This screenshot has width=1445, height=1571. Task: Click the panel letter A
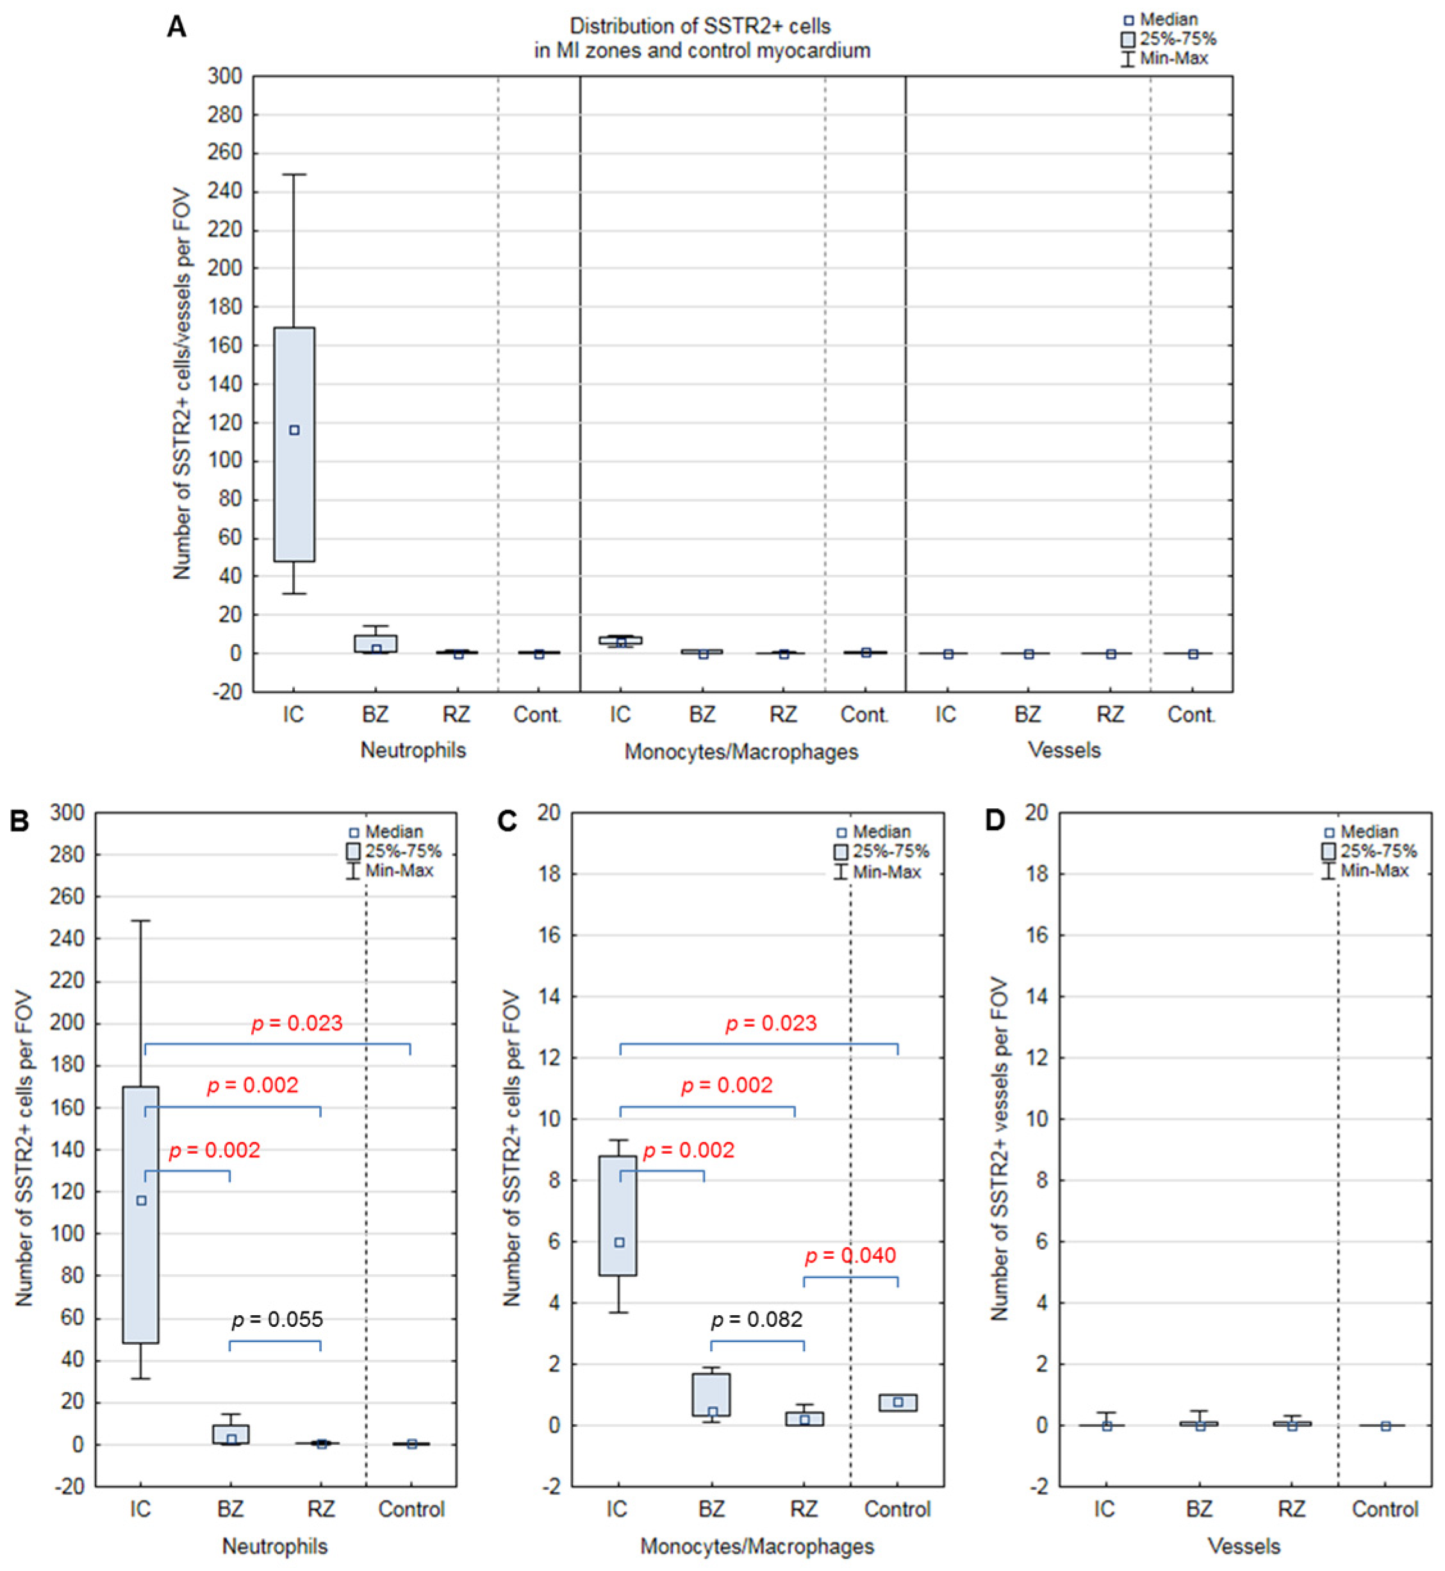tap(177, 28)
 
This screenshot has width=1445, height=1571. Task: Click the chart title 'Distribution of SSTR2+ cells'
tap(699, 26)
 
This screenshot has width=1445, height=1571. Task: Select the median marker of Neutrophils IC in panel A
tap(294, 430)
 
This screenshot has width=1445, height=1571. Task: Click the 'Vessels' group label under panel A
tap(1064, 751)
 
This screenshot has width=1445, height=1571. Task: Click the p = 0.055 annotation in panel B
tap(277, 1320)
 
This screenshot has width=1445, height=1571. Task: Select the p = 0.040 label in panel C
tap(850, 1256)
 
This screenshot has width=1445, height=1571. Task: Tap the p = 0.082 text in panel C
tap(756, 1320)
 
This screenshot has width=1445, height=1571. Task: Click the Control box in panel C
tap(898, 1402)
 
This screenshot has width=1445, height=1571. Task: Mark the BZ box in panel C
tap(711, 1394)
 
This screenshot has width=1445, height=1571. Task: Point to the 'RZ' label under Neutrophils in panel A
tap(458, 715)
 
